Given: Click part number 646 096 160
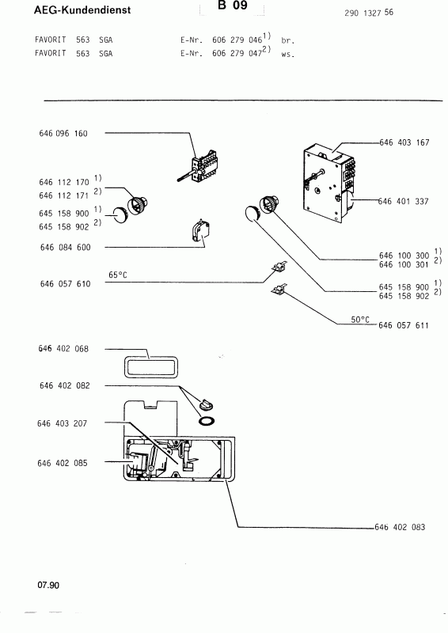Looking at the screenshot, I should [63, 134].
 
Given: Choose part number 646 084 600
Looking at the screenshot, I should [63, 248].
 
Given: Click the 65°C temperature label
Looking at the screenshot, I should [118, 275].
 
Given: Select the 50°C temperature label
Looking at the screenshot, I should [360, 319].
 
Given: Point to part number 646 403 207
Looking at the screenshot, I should [63, 424].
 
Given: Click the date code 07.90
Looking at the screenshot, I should [47, 586].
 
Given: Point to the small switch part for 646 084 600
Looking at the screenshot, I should [196, 232].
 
